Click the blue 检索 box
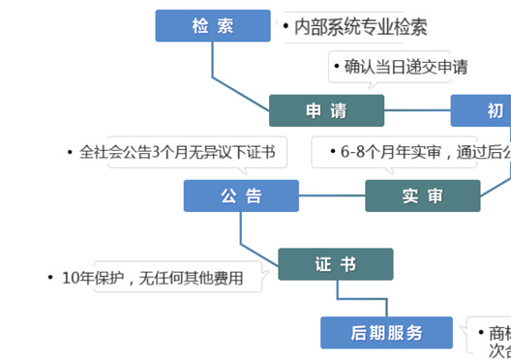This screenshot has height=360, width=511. tap(213, 26)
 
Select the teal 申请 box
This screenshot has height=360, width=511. tap(326, 110)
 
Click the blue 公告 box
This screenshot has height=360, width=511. tap(241, 195)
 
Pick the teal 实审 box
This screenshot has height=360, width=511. tap(422, 195)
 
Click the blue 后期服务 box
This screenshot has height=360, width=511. tap(386, 333)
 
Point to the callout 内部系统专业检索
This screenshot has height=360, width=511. tap(358, 27)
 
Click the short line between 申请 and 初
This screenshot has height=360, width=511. tap(417, 110)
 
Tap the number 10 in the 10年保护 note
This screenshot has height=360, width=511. tap(71, 279)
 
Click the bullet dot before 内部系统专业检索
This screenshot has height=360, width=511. tap(287, 27)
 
